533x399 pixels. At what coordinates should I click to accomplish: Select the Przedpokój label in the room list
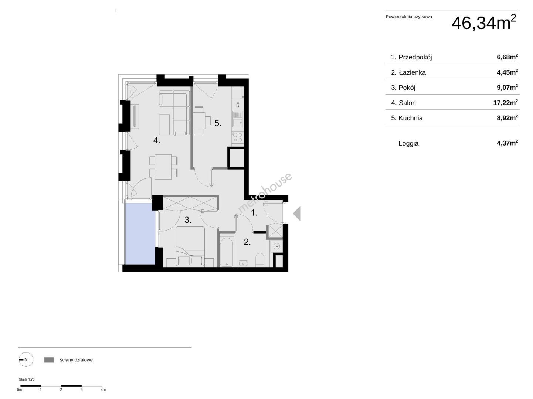pyautogui.click(x=415, y=57)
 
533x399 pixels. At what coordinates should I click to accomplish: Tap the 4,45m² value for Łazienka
pyautogui.click(x=507, y=72)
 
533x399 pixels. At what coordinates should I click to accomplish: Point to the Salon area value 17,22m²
pyautogui.click(x=505, y=103)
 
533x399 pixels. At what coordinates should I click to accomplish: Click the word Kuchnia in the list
pyautogui.click(x=410, y=118)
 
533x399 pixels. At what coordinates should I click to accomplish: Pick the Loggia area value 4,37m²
pyautogui.click(x=507, y=143)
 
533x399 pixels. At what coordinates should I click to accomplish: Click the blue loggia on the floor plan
pyautogui.click(x=140, y=233)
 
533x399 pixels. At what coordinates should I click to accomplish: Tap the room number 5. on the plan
pyautogui.click(x=218, y=123)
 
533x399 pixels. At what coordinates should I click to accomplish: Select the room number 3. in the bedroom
pyautogui.click(x=188, y=220)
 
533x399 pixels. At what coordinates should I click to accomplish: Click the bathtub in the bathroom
pyautogui.click(x=226, y=252)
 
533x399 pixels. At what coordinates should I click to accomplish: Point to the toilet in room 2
pyautogui.click(x=260, y=260)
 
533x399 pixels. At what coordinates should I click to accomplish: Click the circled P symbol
pyautogui.click(x=276, y=246)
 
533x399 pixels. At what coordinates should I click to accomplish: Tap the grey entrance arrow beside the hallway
pyautogui.click(x=297, y=214)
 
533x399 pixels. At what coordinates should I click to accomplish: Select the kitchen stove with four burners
pyautogui.click(x=237, y=137)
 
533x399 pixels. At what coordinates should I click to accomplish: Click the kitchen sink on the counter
pyautogui.click(x=237, y=119)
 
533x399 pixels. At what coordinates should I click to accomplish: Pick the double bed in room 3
pyautogui.click(x=190, y=246)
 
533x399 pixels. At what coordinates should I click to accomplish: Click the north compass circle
pyautogui.click(x=26, y=359)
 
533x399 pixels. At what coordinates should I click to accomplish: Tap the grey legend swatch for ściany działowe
pyautogui.click(x=49, y=360)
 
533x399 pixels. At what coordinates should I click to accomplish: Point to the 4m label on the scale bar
pyautogui.click(x=103, y=390)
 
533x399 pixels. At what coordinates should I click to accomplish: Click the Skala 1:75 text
pyautogui.click(x=27, y=379)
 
